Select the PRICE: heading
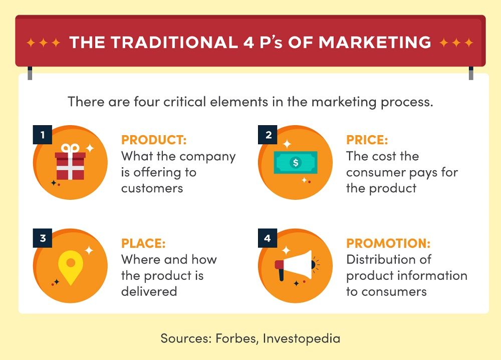(367, 140)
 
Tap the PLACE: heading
(143, 244)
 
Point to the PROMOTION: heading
(388, 244)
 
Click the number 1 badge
(43, 135)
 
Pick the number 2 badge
(269, 135)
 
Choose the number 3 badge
(43, 238)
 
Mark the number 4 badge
(268, 238)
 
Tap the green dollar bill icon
(296, 163)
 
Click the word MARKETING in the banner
(375, 43)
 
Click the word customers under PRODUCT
(152, 188)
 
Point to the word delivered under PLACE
(149, 291)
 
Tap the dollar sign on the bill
(296, 163)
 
